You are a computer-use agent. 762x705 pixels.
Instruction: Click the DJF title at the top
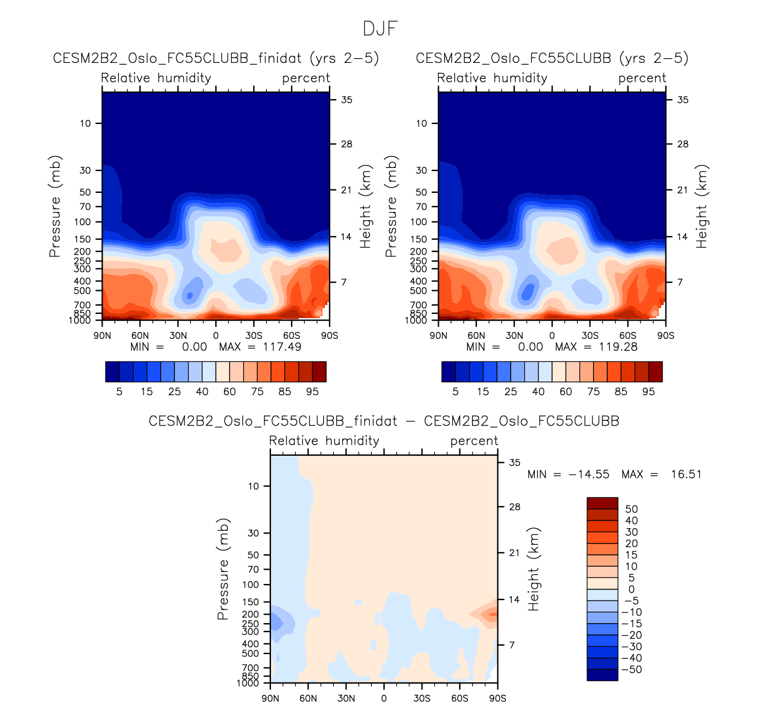point(380,28)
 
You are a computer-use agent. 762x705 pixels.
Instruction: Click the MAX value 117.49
point(282,347)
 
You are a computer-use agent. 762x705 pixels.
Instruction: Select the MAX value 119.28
point(618,347)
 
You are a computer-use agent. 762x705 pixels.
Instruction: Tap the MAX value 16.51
point(686,474)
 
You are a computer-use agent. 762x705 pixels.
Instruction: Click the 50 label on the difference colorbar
point(631,509)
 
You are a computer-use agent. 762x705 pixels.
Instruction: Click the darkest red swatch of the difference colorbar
point(602,503)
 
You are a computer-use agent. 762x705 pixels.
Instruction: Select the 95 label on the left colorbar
point(313,392)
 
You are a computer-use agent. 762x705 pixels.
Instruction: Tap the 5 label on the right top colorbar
point(455,392)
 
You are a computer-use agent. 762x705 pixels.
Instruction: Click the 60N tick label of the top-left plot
point(140,336)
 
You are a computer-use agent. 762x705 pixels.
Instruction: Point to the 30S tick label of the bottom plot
point(422,698)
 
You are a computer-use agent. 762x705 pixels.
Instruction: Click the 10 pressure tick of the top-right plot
point(421,123)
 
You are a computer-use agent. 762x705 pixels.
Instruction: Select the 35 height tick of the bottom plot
point(515,463)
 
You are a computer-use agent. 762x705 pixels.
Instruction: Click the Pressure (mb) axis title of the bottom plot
point(223,569)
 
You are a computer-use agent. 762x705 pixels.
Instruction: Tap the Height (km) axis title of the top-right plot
point(702,207)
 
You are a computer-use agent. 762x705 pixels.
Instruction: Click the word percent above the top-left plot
point(306,78)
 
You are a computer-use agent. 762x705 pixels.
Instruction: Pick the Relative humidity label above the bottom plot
point(324,441)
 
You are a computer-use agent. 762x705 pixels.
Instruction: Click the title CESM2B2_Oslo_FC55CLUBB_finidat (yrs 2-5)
point(216,58)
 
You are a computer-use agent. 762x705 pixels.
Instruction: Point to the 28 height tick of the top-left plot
point(346,144)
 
